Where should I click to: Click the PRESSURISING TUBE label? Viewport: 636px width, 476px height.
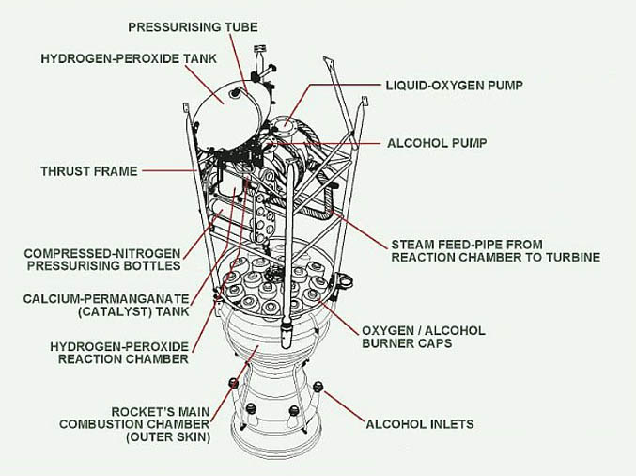(x=193, y=27)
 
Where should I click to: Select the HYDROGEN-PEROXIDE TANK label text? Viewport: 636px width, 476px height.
(x=129, y=58)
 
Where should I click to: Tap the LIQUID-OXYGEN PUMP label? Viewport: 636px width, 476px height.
(x=454, y=85)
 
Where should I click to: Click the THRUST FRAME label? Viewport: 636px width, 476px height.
(x=89, y=171)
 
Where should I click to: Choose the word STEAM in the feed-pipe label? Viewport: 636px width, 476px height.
(x=412, y=244)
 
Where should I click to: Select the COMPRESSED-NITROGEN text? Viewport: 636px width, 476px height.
(x=102, y=253)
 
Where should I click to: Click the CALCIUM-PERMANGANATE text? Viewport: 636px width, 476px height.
(x=106, y=297)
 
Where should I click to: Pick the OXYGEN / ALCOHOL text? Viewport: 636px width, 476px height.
(x=424, y=330)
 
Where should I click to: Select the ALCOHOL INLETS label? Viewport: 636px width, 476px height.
(x=420, y=424)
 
